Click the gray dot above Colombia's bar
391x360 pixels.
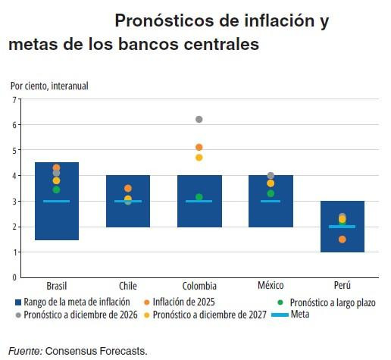pos(199,119)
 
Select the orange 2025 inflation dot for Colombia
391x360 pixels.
pos(199,147)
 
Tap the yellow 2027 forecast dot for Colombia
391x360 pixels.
pos(199,158)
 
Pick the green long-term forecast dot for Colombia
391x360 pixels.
pos(199,197)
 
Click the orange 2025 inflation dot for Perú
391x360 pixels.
pos(343,239)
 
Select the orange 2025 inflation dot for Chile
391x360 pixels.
pos(128,188)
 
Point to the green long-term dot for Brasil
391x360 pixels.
pos(56,189)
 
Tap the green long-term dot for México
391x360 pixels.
pos(271,193)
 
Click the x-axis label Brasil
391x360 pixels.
pos(57,286)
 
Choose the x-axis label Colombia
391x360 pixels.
pos(199,286)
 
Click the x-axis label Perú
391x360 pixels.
pos(343,286)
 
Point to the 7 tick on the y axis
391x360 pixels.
pos(14,99)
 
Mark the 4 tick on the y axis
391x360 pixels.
pos(14,176)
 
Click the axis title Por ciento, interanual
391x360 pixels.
pos(49,86)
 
